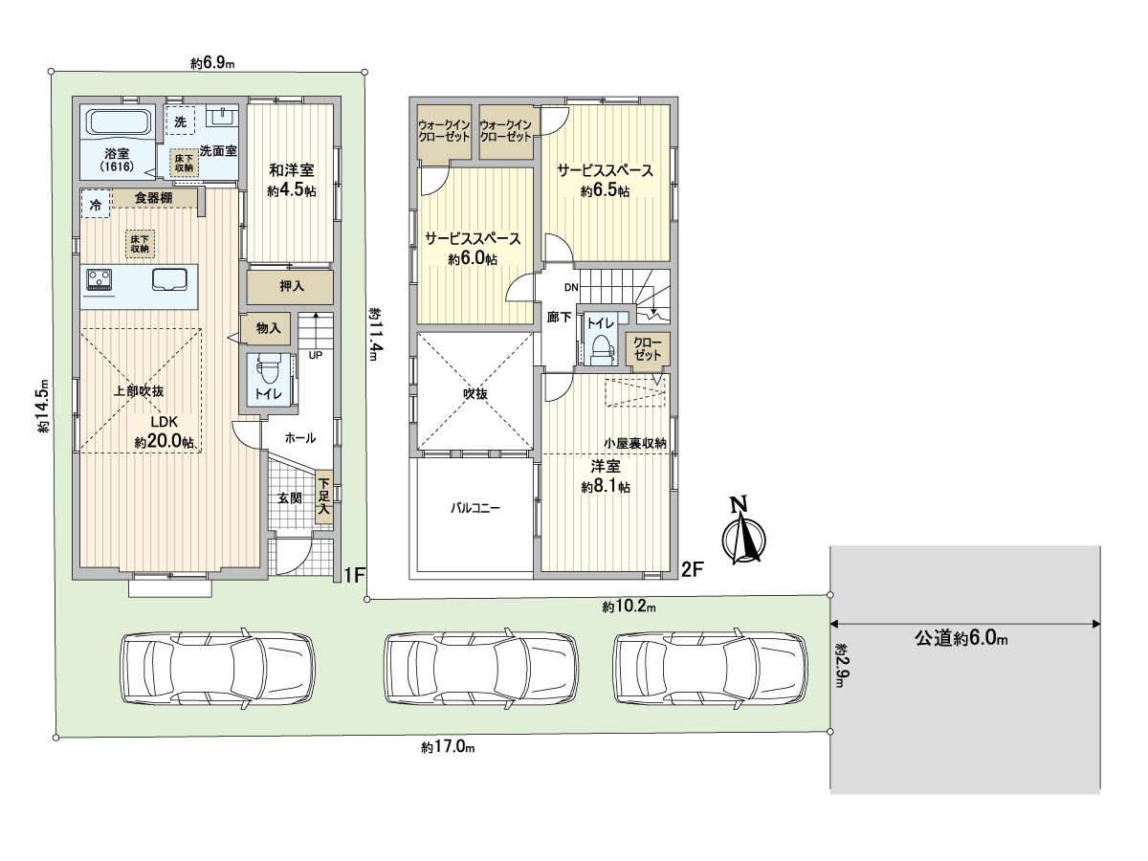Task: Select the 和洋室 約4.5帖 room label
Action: click(292, 180)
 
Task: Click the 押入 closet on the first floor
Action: click(290, 286)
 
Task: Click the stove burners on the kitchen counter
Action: click(99, 278)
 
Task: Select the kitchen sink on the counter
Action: click(170, 279)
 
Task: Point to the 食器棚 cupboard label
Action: click(153, 198)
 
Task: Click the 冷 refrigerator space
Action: click(96, 204)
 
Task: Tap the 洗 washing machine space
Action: click(181, 121)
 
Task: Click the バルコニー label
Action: click(475, 508)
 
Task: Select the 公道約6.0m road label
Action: click(960, 638)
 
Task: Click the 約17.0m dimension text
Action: click(449, 746)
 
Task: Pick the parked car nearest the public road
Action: click(710, 669)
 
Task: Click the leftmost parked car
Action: click(219, 669)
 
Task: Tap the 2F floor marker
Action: click(693, 570)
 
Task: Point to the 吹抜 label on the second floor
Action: click(475, 393)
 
